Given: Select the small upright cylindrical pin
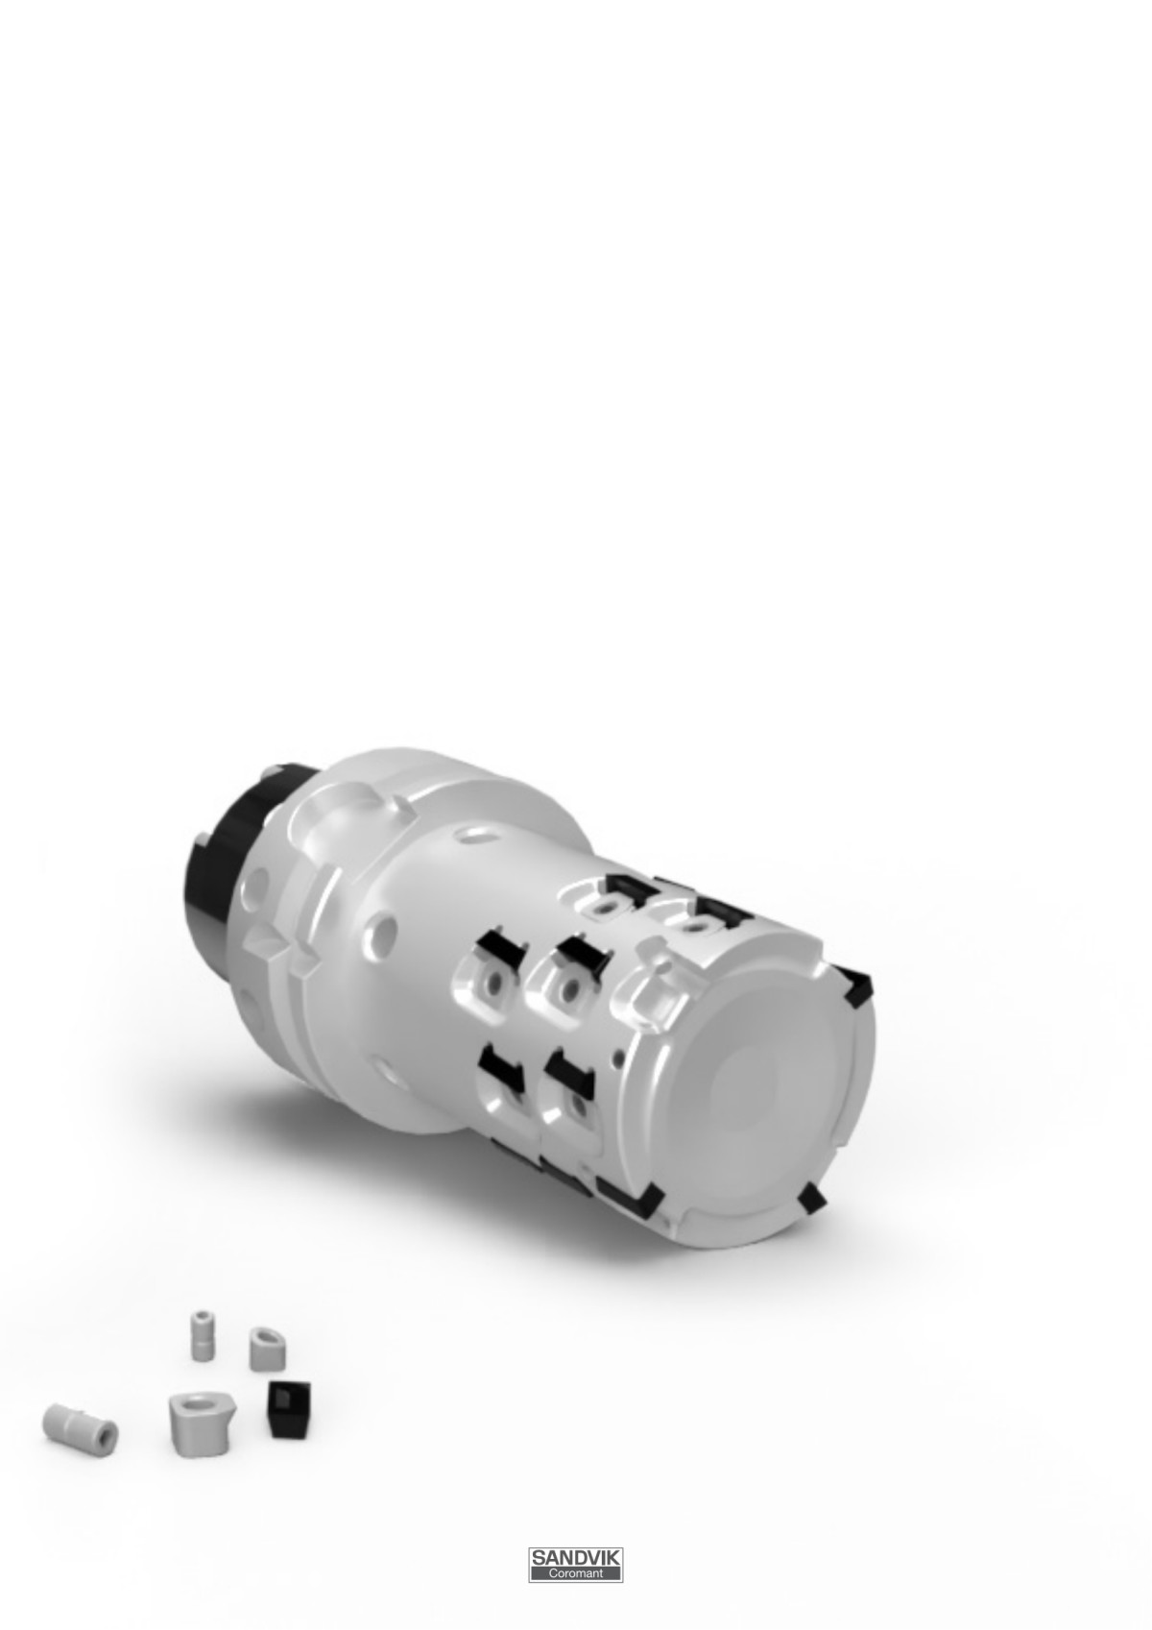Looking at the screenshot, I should pos(202,1335).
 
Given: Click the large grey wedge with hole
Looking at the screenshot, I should pos(201,1423).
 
